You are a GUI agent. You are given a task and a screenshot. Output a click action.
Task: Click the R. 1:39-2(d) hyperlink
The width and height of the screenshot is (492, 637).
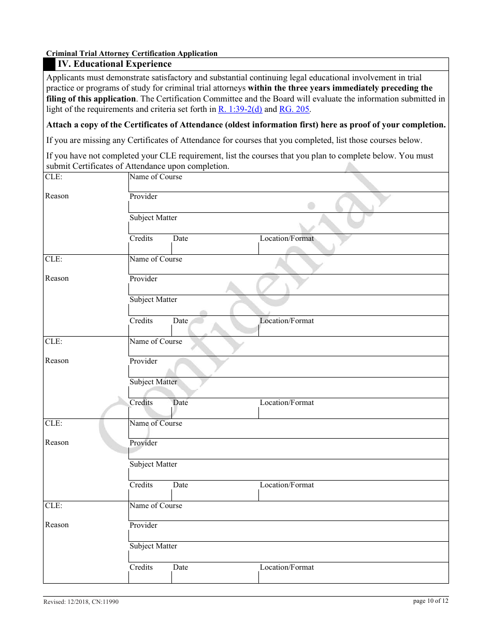[x=240, y=109]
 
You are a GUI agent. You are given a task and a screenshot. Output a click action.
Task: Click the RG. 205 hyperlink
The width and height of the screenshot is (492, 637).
[x=294, y=109]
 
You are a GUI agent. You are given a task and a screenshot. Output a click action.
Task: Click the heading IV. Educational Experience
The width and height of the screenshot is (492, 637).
[x=114, y=64]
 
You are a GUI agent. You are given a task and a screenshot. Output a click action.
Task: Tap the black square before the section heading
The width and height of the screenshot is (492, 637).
[x=49, y=64]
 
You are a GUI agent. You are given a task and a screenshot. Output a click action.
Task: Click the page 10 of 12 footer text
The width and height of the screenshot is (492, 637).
[x=431, y=601]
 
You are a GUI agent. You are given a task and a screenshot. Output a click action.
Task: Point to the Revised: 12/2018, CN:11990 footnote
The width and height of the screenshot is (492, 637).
[x=81, y=602]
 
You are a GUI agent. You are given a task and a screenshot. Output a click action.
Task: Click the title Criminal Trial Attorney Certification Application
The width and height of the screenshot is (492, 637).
[x=132, y=53]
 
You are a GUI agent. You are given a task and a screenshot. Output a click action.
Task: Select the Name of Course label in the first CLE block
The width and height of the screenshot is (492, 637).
[x=155, y=177]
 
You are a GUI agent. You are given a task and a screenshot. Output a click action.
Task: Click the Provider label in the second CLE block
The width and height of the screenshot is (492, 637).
[x=143, y=279]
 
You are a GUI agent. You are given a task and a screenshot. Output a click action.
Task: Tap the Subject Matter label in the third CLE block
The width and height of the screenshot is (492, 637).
[x=153, y=382]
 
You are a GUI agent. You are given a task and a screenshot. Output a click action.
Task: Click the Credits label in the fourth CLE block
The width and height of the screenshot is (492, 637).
[x=141, y=485]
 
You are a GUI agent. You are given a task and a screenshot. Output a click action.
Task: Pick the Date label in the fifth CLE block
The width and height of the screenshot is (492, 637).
[x=180, y=568]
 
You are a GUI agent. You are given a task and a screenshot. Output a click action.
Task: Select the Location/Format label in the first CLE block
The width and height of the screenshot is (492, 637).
[x=286, y=239]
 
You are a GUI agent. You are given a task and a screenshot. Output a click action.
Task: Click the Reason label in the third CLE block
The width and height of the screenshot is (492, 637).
[x=57, y=361]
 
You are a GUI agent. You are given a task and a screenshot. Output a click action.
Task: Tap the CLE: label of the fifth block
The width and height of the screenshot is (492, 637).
[x=53, y=506]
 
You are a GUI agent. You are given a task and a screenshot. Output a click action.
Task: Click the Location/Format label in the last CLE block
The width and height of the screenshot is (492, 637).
[x=286, y=568]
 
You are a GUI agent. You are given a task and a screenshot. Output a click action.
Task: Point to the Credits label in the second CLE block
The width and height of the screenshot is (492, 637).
[x=141, y=321]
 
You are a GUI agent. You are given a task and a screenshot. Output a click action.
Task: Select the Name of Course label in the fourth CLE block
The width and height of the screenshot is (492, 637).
[x=155, y=424]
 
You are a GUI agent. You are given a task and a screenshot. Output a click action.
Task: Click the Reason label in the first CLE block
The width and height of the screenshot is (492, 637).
[x=57, y=196]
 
